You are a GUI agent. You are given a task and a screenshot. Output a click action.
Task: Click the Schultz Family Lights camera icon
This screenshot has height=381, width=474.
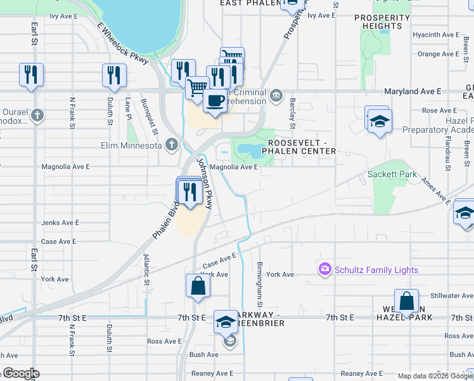pyautogui.click(x=326, y=270)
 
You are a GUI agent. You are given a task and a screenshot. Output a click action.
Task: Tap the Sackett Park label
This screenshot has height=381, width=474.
pyautogui.click(x=393, y=174)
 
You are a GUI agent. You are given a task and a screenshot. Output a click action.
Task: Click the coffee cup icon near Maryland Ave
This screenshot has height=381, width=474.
pyautogui.click(x=215, y=100)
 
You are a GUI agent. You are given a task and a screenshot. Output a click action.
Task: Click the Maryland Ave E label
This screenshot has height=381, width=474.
pyautogui.click(x=413, y=91)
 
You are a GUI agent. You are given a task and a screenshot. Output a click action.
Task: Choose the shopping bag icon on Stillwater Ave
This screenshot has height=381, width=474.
pyautogui.click(x=406, y=300)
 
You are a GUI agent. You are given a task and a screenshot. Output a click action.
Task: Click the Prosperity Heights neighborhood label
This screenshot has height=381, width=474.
pyautogui.click(x=382, y=22)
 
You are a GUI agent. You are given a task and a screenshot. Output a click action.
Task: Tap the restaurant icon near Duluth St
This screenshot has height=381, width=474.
pyautogui.click(x=114, y=74)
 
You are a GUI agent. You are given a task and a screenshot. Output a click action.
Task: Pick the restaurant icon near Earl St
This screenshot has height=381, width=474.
pyautogui.click(x=31, y=74)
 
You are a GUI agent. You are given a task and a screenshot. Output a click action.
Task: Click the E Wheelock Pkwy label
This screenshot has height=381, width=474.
pyautogui.click(x=123, y=43)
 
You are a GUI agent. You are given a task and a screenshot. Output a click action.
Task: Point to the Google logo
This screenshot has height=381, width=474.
pyautogui.click(x=20, y=373)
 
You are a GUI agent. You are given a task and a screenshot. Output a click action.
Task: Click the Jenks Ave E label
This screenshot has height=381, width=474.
pyautogui.click(x=60, y=223)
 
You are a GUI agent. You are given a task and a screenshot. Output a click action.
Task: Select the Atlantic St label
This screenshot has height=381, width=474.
pyautogui.click(x=146, y=269)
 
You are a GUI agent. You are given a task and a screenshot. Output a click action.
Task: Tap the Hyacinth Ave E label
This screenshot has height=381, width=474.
pyautogui.click(x=435, y=35)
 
